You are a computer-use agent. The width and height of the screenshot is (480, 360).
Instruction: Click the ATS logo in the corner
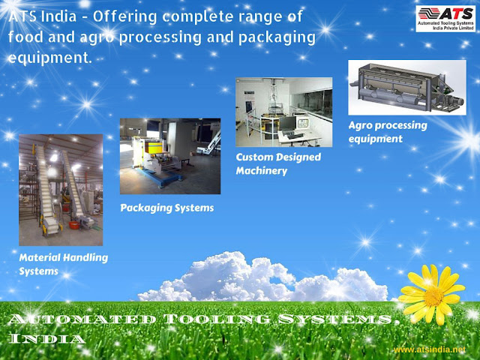(x=445, y=18)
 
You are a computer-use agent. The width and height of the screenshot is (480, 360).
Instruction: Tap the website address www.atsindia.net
(x=430, y=349)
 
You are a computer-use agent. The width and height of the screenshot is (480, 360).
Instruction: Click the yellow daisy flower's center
(x=433, y=296)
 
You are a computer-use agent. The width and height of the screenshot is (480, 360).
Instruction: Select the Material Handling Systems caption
(x=63, y=264)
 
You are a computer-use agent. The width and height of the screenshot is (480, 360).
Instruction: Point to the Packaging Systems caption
(x=166, y=208)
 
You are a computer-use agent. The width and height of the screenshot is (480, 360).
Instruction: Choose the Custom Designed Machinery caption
(x=278, y=163)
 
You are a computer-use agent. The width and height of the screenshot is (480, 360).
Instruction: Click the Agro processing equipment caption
(x=388, y=132)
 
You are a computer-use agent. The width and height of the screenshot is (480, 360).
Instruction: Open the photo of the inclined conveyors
(x=61, y=190)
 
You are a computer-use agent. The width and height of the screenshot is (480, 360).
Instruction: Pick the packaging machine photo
(x=170, y=156)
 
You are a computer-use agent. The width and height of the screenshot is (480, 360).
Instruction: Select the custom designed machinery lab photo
(x=283, y=112)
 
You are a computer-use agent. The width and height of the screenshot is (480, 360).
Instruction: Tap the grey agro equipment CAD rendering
(x=407, y=88)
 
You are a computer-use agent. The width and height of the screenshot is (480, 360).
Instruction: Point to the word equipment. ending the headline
(x=50, y=58)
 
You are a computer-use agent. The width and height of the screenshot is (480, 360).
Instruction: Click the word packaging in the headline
(x=277, y=37)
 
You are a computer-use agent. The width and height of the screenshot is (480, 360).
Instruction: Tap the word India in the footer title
(x=46, y=338)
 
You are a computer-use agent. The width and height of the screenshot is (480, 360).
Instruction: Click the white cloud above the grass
(x=263, y=278)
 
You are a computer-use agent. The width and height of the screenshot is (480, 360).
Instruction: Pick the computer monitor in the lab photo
(x=288, y=124)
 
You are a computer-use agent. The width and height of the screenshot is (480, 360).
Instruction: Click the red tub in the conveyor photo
(x=74, y=225)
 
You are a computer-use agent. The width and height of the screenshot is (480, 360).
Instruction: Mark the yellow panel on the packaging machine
(x=153, y=147)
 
